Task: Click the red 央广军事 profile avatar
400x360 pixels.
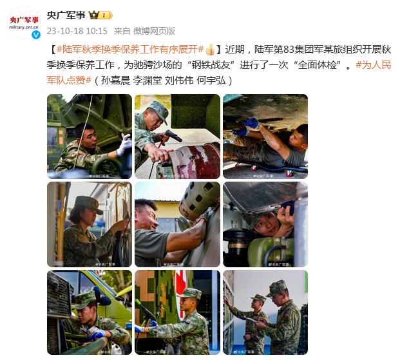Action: [x=24, y=23]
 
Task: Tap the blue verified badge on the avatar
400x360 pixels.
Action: [x=36, y=35]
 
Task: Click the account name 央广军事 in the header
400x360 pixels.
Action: [x=66, y=15]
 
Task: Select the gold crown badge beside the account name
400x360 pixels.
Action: [x=93, y=15]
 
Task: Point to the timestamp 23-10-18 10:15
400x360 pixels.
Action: [x=77, y=31]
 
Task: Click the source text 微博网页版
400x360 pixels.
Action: [x=154, y=31]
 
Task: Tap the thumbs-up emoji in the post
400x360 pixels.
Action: [x=210, y=50]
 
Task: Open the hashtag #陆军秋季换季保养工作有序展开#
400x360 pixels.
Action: [x=130, y=50]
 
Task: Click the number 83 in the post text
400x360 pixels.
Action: [x=289, y=50]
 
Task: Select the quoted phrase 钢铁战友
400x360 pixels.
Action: [x=211, y=65]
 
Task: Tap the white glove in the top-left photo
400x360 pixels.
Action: [x=124, y=144]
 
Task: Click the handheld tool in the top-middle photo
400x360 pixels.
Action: [x=173, y=136]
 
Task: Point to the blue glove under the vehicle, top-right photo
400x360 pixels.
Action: [x=252, y=123]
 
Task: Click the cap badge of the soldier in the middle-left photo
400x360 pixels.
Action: [x=96, y=204]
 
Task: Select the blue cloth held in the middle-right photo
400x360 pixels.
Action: [x=288, y=206]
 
